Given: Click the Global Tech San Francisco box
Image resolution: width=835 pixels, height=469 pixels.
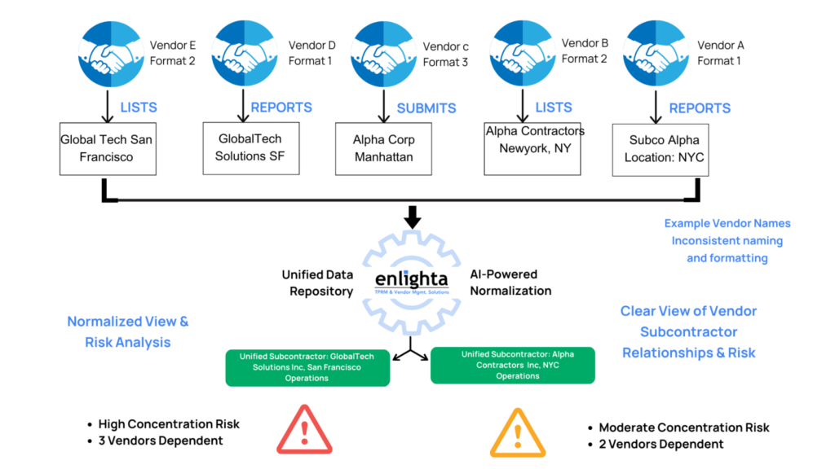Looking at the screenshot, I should point(107,148).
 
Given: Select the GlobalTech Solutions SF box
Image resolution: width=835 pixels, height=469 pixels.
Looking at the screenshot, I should point(251,148).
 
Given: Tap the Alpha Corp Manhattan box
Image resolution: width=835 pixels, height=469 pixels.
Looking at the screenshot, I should point(383,148).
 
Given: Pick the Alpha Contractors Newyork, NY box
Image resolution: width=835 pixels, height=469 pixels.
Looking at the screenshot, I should point(532,148).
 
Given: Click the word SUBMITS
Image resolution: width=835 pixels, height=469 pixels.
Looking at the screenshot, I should point(426,108).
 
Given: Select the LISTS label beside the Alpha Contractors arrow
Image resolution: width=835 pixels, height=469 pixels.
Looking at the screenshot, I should point(554,108).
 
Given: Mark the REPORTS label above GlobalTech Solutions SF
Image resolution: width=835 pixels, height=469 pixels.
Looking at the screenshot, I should point(281,108).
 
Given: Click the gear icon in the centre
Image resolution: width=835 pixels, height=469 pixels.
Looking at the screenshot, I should point(412,281).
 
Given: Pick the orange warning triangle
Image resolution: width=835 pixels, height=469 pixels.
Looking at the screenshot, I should point(517,431).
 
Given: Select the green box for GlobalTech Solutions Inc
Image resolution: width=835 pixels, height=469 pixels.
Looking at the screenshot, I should point(307,367).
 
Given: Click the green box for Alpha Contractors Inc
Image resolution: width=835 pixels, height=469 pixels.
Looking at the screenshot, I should point(513,365).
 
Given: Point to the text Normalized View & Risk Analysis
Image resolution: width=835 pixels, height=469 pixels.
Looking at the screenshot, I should point(128,331).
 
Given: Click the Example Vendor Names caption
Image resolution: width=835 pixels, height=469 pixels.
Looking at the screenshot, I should point(727,241).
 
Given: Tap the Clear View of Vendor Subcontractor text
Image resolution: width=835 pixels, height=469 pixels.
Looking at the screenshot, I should point(689,331).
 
